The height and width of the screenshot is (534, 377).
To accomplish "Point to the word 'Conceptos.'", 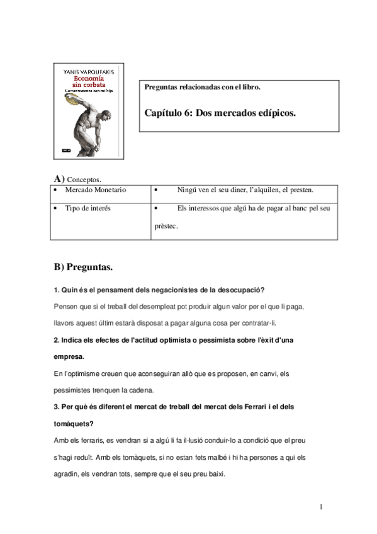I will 84,179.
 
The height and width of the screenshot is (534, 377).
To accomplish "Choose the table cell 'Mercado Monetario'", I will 96,190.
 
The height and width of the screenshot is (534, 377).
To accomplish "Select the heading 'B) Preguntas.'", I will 83,267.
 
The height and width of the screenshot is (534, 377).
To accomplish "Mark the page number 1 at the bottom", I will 321,507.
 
